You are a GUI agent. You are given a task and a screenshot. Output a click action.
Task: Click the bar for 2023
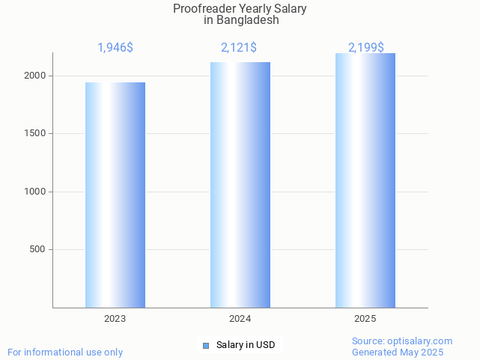[115, 195]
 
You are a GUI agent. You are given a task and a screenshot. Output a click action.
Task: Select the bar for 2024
[240, 185]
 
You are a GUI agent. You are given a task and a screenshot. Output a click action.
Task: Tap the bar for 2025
[365, 180]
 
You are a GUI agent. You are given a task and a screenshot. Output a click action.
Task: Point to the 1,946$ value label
[115, 48]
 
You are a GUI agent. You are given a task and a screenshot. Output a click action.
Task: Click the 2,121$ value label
[239, 48]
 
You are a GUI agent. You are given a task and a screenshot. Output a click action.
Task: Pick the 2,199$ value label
[365, 48]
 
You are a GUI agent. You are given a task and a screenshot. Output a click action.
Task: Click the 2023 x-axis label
[115, 319]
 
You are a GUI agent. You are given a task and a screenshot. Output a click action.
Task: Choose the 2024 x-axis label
[240, 319]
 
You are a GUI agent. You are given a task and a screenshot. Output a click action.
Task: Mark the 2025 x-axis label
[365, 319]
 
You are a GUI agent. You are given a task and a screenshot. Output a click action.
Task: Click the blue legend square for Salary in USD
[206, 345]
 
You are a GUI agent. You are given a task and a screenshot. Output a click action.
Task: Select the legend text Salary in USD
[246, 345]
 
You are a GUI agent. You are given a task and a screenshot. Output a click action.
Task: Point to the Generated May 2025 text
[398, 352]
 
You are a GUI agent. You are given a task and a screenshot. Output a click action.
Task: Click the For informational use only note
[65, 352]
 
